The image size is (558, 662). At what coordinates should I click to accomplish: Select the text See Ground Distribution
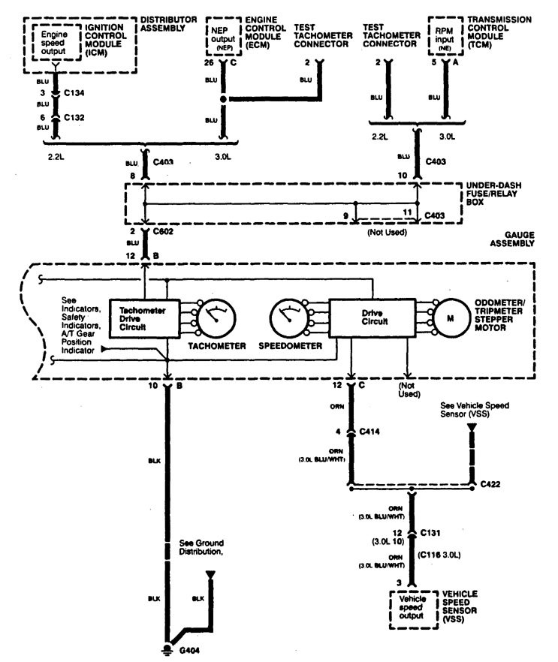(x=202, y=547)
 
